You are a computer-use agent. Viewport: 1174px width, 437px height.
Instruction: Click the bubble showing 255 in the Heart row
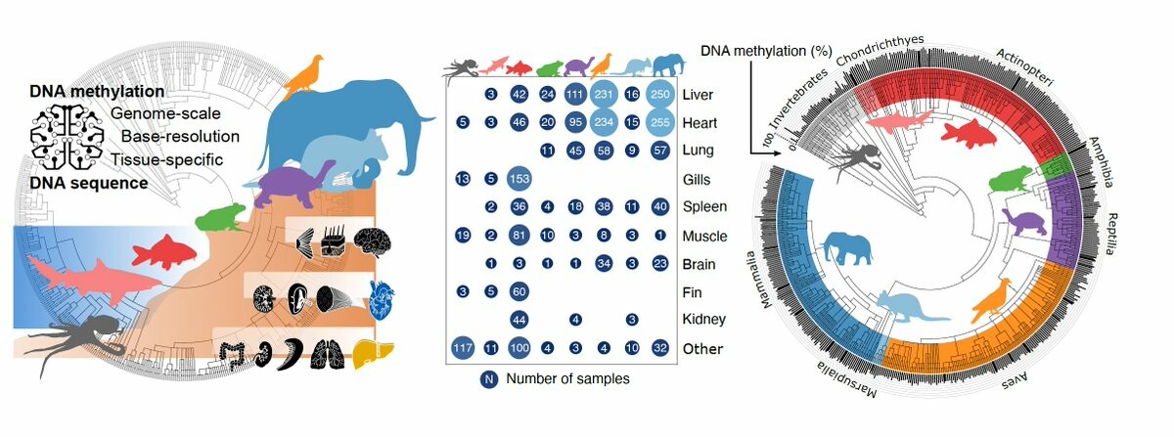[659, 123]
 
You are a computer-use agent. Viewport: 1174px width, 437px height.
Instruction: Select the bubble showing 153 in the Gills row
[519, 179]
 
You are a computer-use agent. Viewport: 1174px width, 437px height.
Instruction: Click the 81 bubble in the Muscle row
[519, 236]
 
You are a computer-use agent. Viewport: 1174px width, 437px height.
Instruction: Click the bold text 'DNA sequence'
[74, 183]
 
